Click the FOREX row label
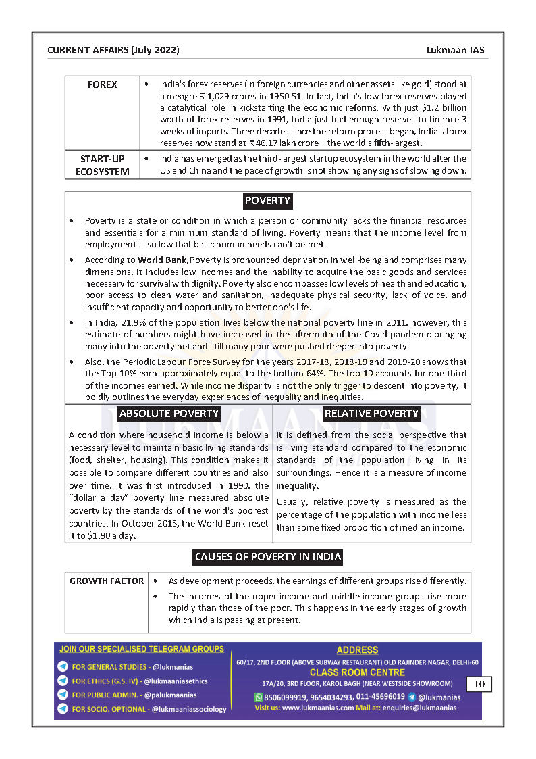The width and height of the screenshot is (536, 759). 102,84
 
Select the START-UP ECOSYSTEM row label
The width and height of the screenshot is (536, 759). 102,165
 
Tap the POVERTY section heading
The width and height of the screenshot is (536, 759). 267,201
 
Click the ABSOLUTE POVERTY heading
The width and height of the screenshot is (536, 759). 169,414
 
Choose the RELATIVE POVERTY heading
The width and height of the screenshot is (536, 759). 371,414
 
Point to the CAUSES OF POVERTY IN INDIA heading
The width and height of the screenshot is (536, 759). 267,557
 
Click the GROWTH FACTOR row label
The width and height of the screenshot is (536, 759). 107,581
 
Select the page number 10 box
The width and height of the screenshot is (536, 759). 479,684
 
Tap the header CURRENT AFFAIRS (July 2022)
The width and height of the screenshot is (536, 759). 113,50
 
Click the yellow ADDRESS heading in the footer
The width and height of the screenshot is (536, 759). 357,650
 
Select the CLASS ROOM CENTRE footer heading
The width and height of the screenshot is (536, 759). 357,672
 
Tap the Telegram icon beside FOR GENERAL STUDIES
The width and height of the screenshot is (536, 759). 63,667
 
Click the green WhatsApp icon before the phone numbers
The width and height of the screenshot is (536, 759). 258,697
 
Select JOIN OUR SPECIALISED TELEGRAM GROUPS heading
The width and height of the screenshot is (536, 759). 142,649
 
